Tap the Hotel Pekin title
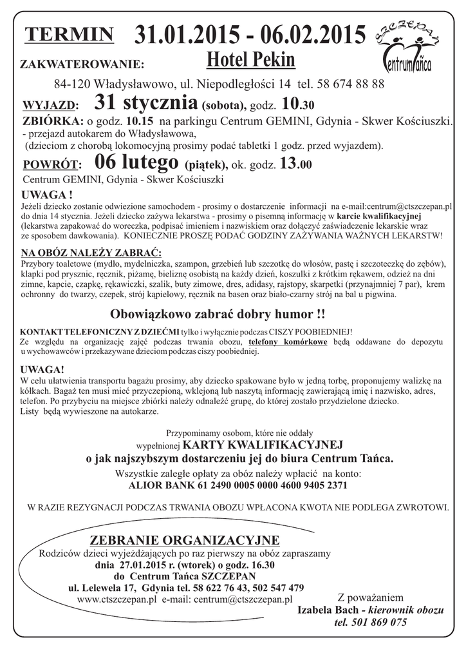click(x=251, y=61)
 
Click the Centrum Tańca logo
click(x=408, y=49)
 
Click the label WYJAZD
click(x=51, y=106)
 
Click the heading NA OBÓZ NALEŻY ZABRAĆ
click(x=91, y=252)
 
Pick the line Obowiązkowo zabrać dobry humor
click(x=218, y=315)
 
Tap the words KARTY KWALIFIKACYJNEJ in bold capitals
click(x=263, y=445)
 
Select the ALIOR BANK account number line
click(x=239, y=486)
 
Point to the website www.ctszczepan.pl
click(x=116, y=599)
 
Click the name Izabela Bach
click(x=326, y=610)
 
